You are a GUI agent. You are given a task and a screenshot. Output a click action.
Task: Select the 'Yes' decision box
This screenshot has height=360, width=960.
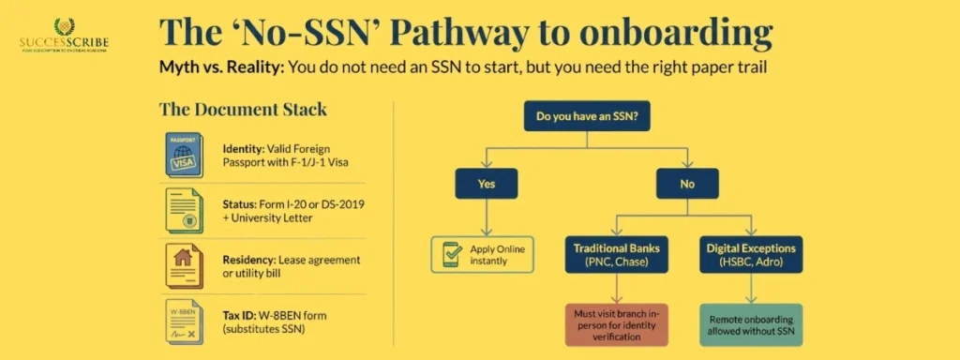pos(486,183)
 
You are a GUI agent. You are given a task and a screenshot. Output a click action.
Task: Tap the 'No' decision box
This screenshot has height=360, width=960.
pos(686,183)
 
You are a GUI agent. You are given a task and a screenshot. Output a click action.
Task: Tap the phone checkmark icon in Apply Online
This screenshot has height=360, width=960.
pos(449,254)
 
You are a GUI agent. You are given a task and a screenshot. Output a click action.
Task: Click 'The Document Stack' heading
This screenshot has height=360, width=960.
pos(243,109)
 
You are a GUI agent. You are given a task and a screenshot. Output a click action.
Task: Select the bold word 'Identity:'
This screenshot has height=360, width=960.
pos(242,149)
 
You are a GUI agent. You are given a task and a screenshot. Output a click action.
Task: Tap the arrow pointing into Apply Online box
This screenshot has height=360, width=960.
pos(486,225)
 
